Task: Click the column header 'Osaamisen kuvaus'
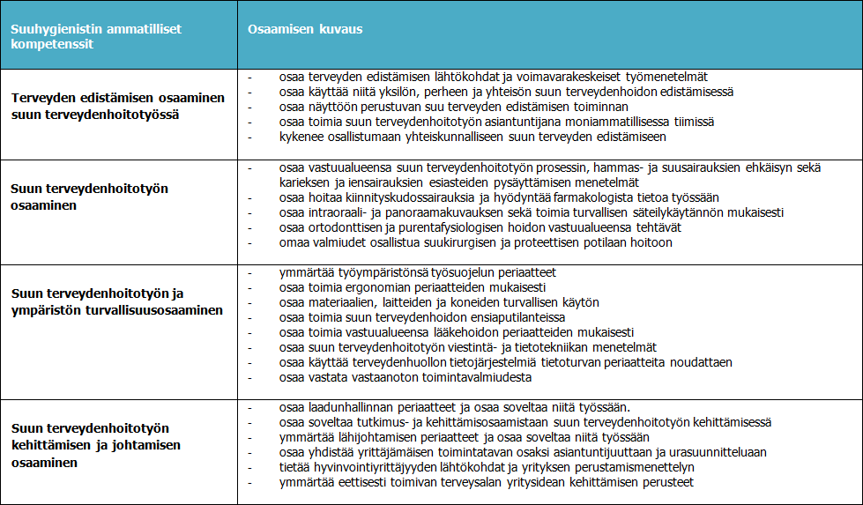pos(306,29)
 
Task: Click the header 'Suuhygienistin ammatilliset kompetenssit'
pos(96,35)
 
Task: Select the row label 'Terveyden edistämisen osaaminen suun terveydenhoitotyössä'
pos(118,106)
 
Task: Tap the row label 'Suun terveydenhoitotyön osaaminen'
pos(89,197)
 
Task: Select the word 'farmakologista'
pos(583,197)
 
